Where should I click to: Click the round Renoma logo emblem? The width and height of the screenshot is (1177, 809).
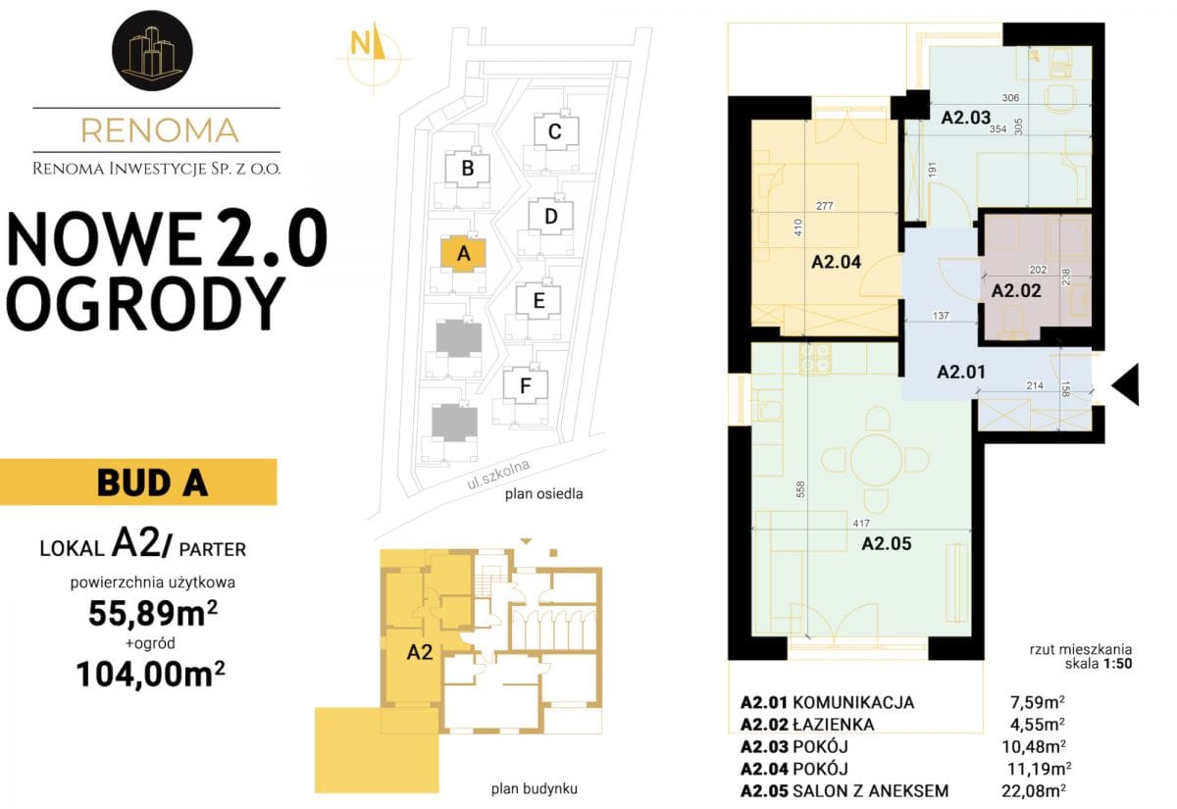tap(152, 50)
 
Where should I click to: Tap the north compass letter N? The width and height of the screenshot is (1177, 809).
tap(361, 44)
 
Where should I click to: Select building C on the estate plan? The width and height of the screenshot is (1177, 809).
tap(556, 131)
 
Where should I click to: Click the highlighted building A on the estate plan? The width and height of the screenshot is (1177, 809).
tap(463, 254)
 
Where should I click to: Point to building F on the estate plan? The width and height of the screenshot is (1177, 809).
tap(526, 386)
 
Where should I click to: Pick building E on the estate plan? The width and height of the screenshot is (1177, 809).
tap(538, 301)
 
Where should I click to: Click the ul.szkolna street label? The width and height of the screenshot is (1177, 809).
tap(498, 475)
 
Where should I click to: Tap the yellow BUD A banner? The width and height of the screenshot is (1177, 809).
tap(138, 482)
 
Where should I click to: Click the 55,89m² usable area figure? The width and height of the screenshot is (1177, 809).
tap(153, 613)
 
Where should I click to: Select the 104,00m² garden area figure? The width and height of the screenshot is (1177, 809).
tap(151, 674)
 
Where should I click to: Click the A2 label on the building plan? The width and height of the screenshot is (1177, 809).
tap(420, 652)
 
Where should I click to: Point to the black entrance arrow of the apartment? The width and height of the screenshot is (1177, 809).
tap(1126, 384)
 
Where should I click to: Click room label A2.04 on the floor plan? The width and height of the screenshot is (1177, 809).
tap(837, 262)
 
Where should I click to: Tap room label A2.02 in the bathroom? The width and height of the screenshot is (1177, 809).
tap(1016, 290)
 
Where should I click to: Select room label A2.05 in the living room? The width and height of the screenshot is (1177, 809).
tap(887, 543)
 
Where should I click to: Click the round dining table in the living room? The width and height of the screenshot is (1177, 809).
tap(876, 460)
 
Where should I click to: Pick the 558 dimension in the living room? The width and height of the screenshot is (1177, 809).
tap(800, 489)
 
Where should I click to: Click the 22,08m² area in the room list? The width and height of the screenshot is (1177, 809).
tap(1034, 790)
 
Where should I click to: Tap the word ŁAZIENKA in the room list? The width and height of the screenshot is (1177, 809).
tap(834, 725)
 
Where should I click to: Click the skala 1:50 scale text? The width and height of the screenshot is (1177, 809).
tap(1099, 664)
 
